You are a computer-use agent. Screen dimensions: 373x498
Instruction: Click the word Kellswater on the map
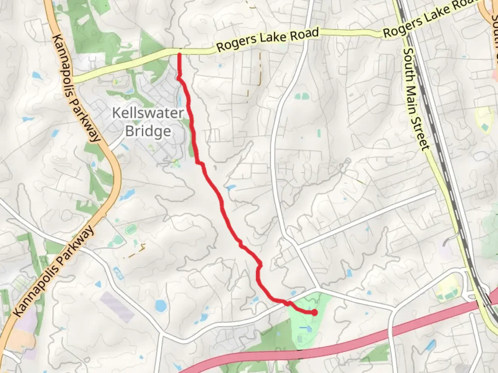148,113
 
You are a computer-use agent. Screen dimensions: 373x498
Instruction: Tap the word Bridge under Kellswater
148,131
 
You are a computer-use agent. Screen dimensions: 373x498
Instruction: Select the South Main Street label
416,99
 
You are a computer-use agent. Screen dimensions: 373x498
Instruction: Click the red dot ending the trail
315,313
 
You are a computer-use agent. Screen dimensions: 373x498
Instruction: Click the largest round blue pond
160,306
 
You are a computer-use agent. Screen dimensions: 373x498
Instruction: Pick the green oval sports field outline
130,229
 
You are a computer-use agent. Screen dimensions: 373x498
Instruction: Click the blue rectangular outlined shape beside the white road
119,274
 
